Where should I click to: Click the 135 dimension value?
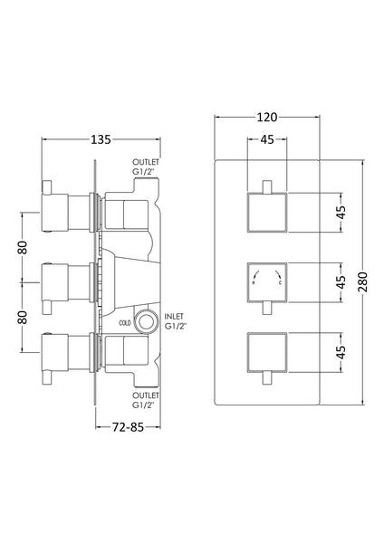(100, 139)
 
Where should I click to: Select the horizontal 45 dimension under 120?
(267, 139)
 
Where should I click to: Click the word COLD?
(124, 322)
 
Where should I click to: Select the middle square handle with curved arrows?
(267, 281)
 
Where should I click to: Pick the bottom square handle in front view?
(267, 351)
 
